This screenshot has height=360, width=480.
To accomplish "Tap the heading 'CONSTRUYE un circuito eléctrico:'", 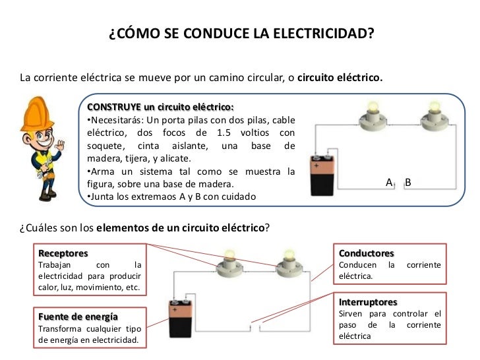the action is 160,107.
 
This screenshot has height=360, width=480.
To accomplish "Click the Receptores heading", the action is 63,253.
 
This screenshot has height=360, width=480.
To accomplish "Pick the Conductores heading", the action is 366,253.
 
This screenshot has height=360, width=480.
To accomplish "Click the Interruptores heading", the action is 368,302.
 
